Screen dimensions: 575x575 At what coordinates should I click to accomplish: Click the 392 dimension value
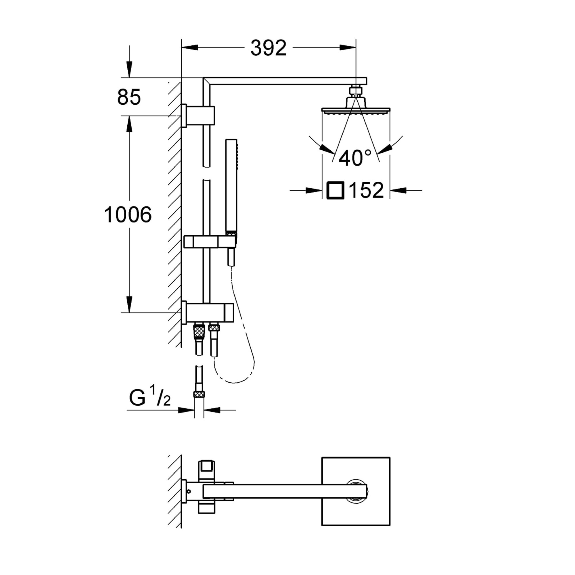click(x=268, y=48)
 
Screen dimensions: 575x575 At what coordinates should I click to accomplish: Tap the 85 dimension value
click(x=129, y=97)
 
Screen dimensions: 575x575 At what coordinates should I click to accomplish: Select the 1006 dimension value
click(x=128, y=214)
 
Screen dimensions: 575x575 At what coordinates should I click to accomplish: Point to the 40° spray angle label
click(x=355, y=158)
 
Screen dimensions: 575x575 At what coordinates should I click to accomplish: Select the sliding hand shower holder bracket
click(x=210, y=241)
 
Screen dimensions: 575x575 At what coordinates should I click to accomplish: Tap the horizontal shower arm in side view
click(x=285, y=81)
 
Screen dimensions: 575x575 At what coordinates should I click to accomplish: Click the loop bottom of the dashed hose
click(x=235, y=382)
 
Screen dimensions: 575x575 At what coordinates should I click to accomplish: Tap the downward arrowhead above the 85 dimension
click(x=129, y=70)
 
